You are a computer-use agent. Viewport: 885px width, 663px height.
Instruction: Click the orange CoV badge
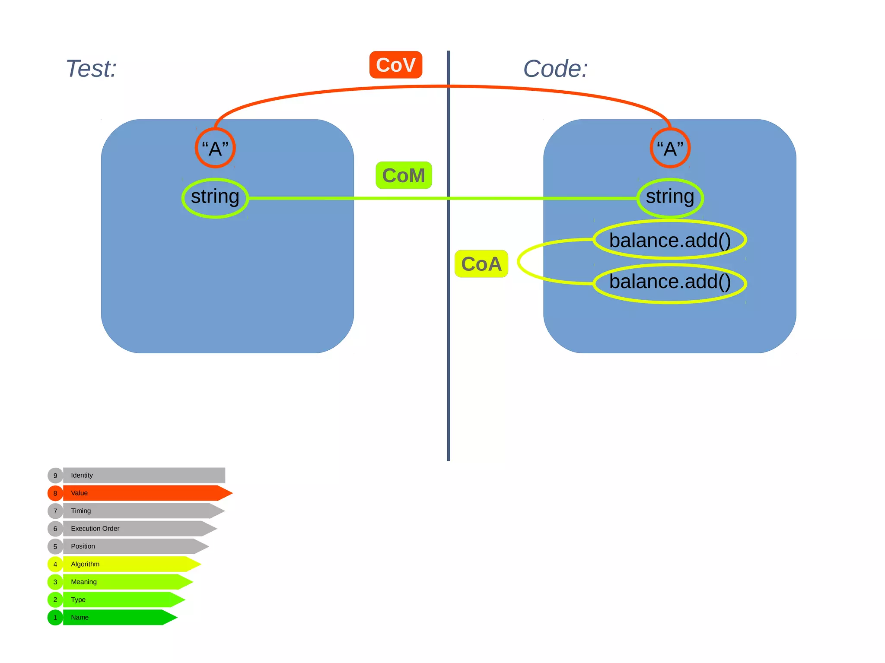(x=395, y=65)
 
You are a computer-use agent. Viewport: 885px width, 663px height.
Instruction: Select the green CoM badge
(x=404, y=175)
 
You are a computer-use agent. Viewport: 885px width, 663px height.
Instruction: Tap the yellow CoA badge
(x=481, y=264)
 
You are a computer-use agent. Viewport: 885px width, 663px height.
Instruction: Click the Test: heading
(x=91, y=69)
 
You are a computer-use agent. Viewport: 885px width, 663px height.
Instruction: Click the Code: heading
(x=555, y=69)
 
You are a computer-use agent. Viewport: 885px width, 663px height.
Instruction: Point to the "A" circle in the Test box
(x=215, y=148)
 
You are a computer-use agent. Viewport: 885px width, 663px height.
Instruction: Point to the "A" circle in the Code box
(x=670, y=148)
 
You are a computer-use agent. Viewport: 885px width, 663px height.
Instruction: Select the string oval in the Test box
(x=215, y=198)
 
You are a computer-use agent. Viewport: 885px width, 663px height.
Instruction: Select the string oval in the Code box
(x=670, y=198)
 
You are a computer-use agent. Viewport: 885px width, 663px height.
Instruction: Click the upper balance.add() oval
(x=670, y=240)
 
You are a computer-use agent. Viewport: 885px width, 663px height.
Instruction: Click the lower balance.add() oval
(x=670, y=283)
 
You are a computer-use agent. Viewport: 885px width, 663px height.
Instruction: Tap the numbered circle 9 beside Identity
(x=55, y=475)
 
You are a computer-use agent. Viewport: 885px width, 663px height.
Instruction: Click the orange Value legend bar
(x=143, y=493)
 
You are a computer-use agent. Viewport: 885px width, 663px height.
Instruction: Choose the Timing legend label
(x=81, y=511)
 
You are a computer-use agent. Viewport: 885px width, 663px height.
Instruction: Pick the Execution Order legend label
(x=95, y=528)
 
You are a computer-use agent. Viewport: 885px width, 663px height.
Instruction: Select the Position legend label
(x=83, y=546)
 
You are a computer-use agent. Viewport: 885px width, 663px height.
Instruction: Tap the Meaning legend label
(x=84, y=582)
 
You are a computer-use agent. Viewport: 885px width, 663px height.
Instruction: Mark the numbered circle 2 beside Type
(x=55, y=600)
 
